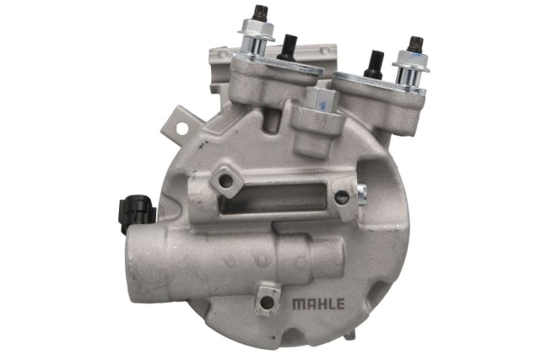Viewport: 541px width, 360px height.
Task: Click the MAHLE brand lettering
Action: (x=318, y=304)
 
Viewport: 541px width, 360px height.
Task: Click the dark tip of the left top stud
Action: (x=257, y=12)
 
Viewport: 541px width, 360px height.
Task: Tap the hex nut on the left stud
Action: (x=256, y=29)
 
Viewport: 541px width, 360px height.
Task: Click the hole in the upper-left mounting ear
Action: (x=182, y=128)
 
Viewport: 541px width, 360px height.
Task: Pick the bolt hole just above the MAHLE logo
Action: (x=266, y=302)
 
